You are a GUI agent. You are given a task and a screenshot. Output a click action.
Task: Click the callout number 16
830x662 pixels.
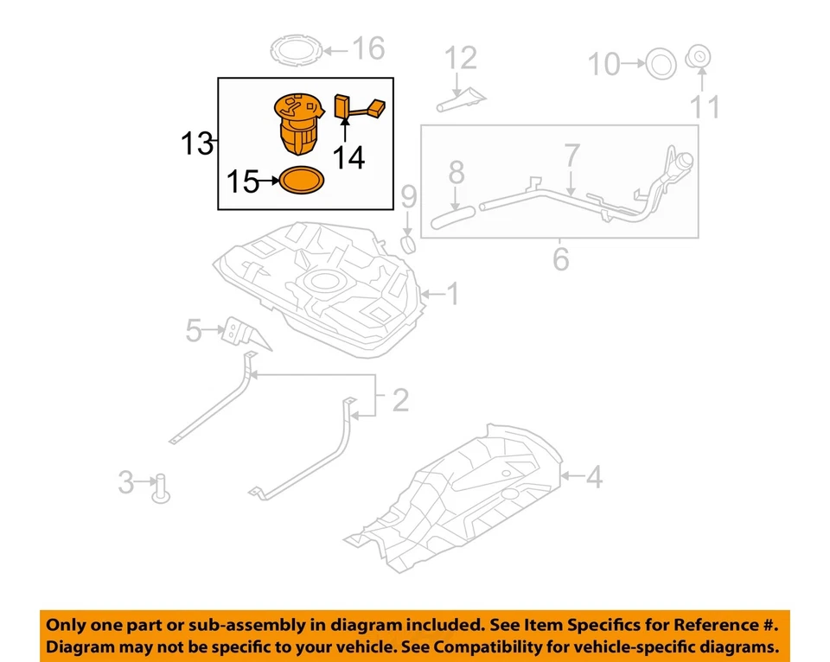[368, 48]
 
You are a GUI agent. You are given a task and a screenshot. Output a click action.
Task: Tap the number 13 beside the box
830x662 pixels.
[197, 143]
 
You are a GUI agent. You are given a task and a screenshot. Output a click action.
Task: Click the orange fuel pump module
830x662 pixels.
[299, 124]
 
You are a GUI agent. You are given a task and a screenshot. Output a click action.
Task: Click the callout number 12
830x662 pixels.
[461, 59]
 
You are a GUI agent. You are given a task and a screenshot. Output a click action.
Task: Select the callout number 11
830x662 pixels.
[705, 108]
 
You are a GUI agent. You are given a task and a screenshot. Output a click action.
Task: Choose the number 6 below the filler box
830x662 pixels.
[560, 258]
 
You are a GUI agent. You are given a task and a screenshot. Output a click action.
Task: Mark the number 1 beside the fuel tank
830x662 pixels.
[452, 296]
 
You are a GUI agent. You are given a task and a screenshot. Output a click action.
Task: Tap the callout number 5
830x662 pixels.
[194, 329]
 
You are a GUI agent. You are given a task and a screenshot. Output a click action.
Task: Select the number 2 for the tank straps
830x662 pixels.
[399, 401]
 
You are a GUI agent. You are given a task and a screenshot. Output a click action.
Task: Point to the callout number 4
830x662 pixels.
[593, 476]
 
